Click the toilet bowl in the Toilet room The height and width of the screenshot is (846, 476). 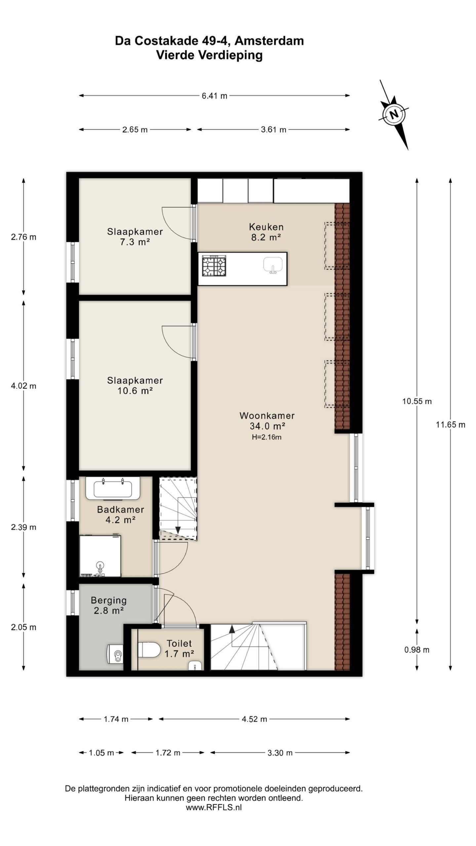pyautogui.click(x=149, y=649)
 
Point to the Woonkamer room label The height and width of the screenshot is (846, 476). pyautogui.click(x=267, y=415)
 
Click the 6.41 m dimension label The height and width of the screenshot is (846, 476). pyautogui.click(x=215, y=96)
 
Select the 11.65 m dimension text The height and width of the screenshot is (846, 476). pyautogui.click(x=450, y=425)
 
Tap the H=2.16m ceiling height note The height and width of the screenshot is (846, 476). pyautogui.click(x=266, y=437)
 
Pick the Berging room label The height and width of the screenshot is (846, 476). pyautogui.click(x=109, y=600)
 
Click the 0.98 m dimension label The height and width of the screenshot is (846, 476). pyautogui.click(x=417, y=650)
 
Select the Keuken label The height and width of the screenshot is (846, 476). pyautogui.click(x=266, y=227)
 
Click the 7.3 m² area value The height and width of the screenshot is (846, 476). pyautogui.click(x=135, y=242)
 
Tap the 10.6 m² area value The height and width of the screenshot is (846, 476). pyautogui.click(x=135, y=391)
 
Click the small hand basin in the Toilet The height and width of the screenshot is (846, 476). pyautogui.click(x=195, y=665)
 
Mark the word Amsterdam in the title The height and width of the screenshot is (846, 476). pyautogui.click(x=270, y=41)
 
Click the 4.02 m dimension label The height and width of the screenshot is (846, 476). pyautogui.click(x=23, y=386)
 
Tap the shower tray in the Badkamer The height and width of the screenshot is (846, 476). pyautogui.click(x=100, y=556)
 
